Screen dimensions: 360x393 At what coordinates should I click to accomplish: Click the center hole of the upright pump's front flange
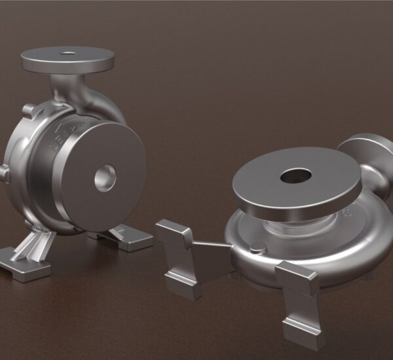[x=105, y=177]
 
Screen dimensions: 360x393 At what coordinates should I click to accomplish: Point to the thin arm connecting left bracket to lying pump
[x=210, y=245]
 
